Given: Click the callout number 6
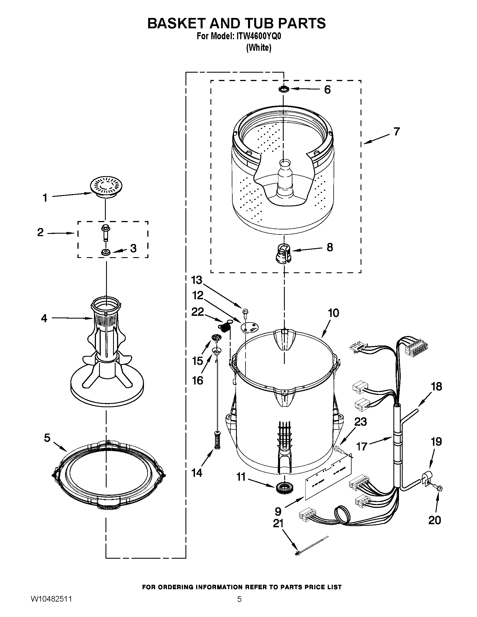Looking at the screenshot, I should [x=327, y=89].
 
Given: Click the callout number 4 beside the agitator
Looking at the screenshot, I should [x=44, y=318].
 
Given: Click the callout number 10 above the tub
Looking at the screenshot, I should [x=333, y=313].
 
